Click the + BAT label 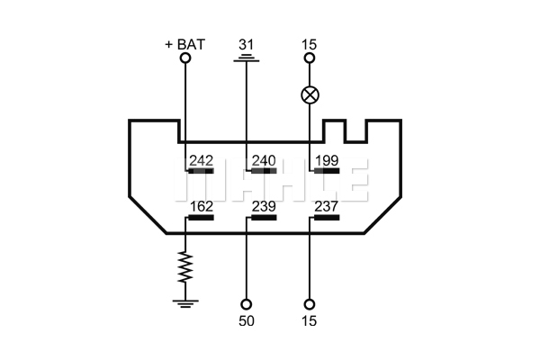[x=184, y=44]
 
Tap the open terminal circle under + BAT [x=185, y=58]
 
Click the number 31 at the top [x=247, y=44]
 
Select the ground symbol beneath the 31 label [x=247, y=58]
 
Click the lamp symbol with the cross [x=310, y=94]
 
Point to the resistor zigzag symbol [x=185, y=267]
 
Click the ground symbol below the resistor [x=185, y=303]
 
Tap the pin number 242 [x=202, y=160]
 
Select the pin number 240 [x=264, y=160]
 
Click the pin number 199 [x=327, y=160]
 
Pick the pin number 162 [x=202, y=206]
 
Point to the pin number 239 [x=264, y=206]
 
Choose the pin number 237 [x=327, y=206]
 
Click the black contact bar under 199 [x=327, y=170]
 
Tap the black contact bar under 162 [x=201, y=218]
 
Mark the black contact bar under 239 [x=264, y=218]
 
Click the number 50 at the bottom [x=247, y=320]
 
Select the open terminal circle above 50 [x=246, y=304]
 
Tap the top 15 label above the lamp [x=309, y=44]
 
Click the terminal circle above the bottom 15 [x=310, y=304]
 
